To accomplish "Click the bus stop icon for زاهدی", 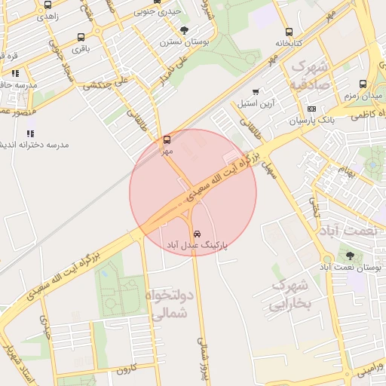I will pyautogui.click(x=48, y=4).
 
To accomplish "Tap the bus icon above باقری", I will pyautogui.click(x=81, y=37).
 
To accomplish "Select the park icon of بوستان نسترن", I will pyautogui.click(x=185, y=31).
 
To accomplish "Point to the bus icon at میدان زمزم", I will pyautogui.click(x=363, y=84).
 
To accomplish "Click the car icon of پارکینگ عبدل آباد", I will pyautogui.click(x=197, y=233).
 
